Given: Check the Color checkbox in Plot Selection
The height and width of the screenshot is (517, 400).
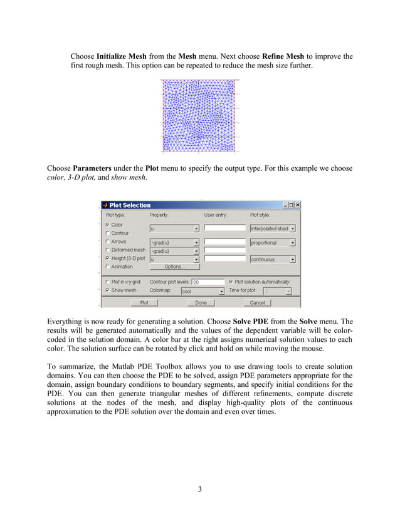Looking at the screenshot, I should pos(108,225).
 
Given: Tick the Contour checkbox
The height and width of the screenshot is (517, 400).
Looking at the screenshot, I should pos(108,233).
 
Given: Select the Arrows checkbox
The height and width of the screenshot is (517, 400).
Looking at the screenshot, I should pos(108,242).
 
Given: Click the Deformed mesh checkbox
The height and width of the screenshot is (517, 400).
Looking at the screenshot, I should pos(108,250).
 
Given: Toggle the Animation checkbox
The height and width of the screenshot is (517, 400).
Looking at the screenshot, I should pos(108,267).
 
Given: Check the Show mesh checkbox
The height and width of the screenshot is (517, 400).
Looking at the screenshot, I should pos(108,290).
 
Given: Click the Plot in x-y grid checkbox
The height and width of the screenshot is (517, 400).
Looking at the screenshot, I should pos(108,282).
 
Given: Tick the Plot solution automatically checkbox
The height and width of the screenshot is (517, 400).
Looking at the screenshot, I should pos(231,282).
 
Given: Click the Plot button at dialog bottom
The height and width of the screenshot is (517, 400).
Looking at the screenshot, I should pos(144,302).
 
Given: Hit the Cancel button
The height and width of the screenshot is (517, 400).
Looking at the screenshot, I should pos(257,302).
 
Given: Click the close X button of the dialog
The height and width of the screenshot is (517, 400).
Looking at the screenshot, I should pos(297,205).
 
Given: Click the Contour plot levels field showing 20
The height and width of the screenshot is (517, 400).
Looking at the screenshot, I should pos(208,282).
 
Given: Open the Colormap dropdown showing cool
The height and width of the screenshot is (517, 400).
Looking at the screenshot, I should pos(202,291).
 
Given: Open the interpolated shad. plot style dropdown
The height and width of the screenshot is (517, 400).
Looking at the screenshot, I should pos(272,228).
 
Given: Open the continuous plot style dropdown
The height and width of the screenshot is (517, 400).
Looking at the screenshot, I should pos(272,259).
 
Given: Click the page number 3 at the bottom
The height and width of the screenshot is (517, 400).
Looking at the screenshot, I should pos(199,489).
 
